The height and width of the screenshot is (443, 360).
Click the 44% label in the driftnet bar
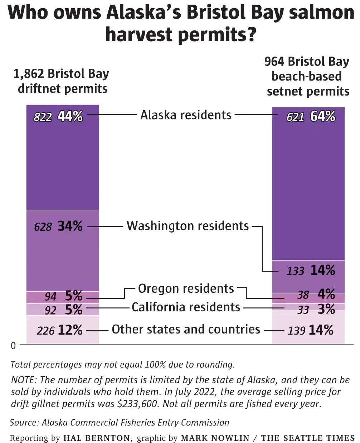pos(70,116)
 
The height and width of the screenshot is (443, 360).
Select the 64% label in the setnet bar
pos(323,116)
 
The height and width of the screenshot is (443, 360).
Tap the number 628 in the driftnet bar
pos(43,227)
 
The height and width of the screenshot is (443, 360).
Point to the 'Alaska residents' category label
pos(186,115)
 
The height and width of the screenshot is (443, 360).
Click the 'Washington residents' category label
pos(188,226)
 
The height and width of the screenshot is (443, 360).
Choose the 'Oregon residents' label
pos(186,288)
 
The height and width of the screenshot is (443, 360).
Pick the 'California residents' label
pos(186,307)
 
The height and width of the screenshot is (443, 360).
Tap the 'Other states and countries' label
pos(186,329)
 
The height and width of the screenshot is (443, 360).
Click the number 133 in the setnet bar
pos(295,271)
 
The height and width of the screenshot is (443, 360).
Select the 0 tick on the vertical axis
pos(13,346)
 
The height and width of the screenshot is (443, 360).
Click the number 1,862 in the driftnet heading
pos(28,74)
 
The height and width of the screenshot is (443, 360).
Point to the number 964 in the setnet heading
pos(274,62)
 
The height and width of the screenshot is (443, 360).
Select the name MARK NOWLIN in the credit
pos(215,438)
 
